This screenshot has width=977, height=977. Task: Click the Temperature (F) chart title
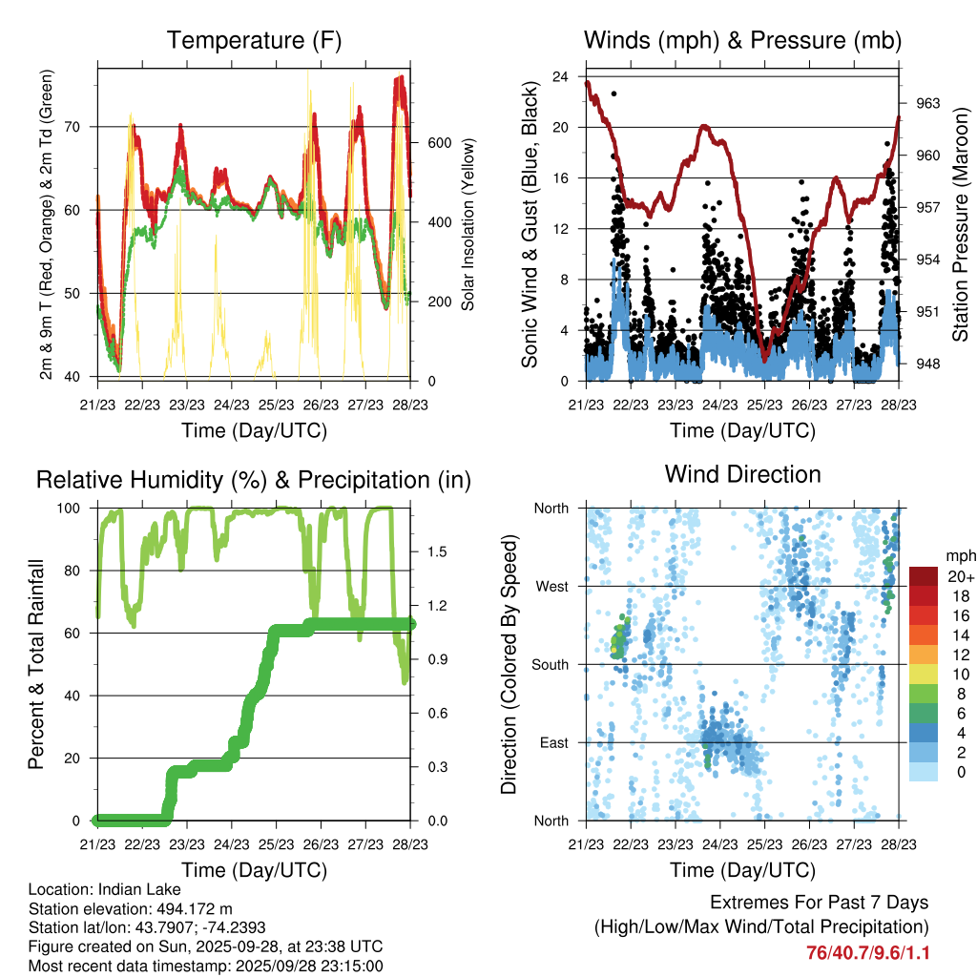click(254, 40)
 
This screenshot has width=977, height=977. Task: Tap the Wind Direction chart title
click(742, 474)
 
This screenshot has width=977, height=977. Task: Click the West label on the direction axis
click(551, 586)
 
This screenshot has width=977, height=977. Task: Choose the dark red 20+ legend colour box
click(924, 576)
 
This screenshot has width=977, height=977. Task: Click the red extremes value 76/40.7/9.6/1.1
click(867, 953)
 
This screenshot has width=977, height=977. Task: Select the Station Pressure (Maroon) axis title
click(961, 223)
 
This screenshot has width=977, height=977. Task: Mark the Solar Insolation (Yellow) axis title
click(468, 224)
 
